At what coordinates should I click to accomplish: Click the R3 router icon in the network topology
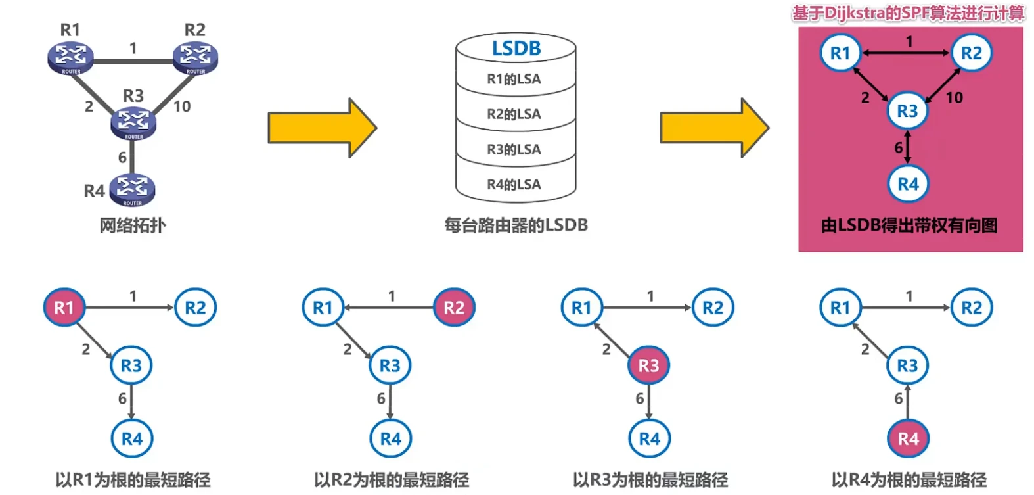[x=133, y=123]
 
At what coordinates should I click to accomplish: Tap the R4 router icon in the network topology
[x=133, y=189]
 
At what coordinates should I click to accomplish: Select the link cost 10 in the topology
[x=182, y=106]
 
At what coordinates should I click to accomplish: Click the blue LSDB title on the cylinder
[x=516, y=49]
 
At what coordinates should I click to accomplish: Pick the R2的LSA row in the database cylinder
[x=514, y=114]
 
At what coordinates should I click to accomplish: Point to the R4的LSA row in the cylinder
[x=514, y=185]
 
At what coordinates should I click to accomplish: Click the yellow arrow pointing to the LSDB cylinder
[x=322, y=128]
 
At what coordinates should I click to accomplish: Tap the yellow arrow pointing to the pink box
[x=714, y=128]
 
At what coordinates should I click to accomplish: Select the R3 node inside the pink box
[x=907, y=111]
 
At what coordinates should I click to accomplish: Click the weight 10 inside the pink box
[x=954, y=98]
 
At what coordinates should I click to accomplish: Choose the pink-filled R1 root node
[x=64, y=307]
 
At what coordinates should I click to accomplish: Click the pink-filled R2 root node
[x=454, y=307]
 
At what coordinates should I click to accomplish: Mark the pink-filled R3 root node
[x=648, y=365]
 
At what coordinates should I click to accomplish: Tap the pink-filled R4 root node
[x=908, y=438]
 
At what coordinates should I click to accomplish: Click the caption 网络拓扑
[x=133, y=225]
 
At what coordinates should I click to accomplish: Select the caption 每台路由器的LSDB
[x=516, y=225]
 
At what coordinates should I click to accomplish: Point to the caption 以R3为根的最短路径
[x=650, y=480]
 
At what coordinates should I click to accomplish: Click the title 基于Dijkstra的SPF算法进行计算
[x=908, y=13]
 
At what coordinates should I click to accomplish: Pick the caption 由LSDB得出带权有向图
[x=909, y=225]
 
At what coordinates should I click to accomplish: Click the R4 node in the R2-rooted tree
[x=390, y=438]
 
